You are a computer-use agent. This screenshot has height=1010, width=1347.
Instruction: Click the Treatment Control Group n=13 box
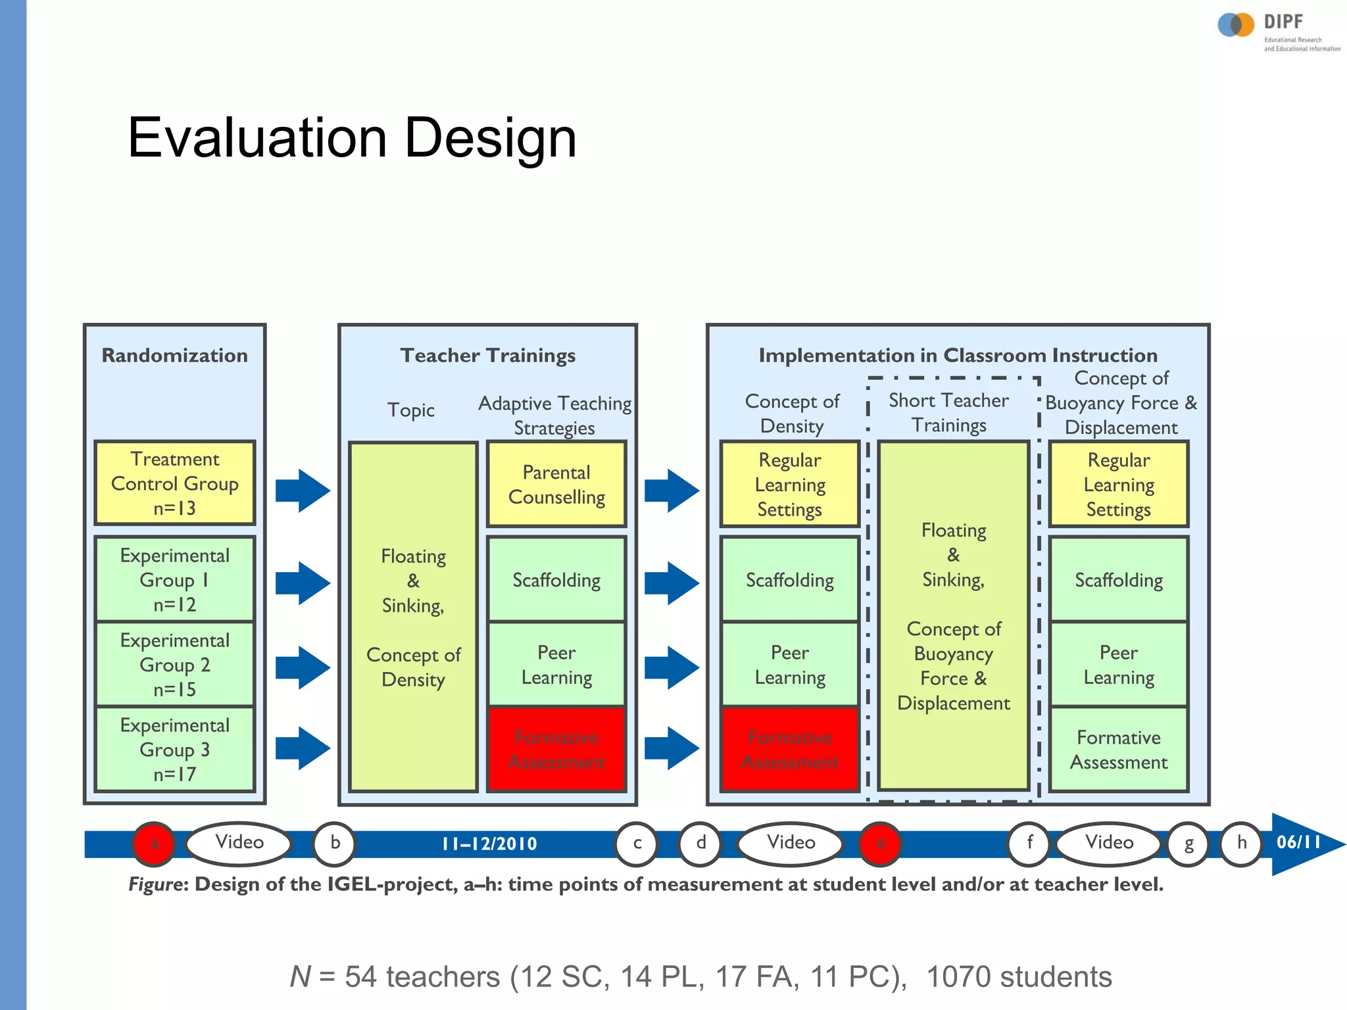[174, 483]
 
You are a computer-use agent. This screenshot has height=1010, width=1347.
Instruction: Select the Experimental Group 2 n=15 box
[174, 664]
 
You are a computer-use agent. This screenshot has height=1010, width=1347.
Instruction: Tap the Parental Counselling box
[556, 484]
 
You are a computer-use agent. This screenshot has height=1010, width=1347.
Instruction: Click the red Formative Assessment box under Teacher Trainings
[556, 749]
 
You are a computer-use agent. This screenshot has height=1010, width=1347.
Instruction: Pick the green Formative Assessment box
[1118, 749]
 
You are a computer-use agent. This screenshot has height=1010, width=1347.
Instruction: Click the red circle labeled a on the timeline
[154, 843]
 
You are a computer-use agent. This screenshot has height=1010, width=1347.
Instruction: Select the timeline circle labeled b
[335, 843]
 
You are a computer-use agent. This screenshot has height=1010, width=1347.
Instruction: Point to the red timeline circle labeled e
[881, 843]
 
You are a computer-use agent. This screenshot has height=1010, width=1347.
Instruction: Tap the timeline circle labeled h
[1241, 843]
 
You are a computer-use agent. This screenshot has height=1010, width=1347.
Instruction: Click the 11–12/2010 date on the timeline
[489, 844]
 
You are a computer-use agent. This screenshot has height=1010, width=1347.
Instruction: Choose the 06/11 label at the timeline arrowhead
[1298, 842]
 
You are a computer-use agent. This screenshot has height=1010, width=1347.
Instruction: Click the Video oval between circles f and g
[1109, 843]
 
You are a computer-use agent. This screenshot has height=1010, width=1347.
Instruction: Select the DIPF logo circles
[1235, 25]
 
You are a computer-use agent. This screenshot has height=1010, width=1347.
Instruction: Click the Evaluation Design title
[352, 137]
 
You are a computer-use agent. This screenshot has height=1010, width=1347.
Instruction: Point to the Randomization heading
[174, 356]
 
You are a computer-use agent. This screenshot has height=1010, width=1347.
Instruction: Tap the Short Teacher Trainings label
[948, 412]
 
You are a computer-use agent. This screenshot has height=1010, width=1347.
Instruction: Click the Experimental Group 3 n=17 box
[174, 749]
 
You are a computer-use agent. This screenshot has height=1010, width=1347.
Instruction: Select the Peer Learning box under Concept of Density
[789, 664]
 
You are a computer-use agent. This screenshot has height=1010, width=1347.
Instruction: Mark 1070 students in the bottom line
[1019, 976]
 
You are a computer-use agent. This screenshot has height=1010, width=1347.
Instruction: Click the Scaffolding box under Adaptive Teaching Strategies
[556, 580]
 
